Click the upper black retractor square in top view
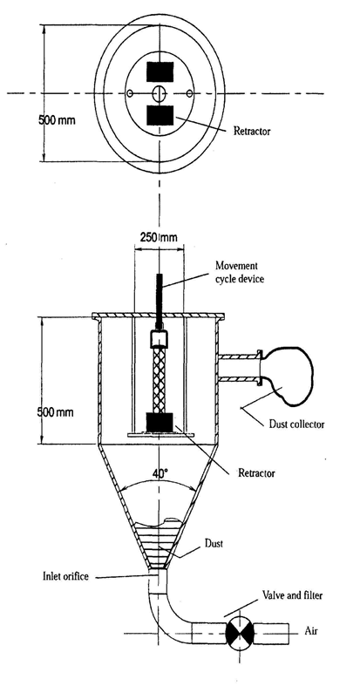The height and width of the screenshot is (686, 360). tap(160, 72)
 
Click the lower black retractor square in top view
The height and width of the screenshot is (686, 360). tap(160, 116)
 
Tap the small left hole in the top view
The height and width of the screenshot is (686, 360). tap(130, 93)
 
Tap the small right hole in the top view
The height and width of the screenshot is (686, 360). tap(189, 93)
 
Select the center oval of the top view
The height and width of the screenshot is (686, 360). tap(160, 93)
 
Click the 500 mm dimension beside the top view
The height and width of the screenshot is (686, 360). tap(57, 120)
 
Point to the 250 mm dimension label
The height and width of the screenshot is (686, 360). tap(159, 238)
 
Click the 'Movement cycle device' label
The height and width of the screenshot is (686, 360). tap(239, 272)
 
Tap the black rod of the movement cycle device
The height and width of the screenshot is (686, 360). tap(160, 301)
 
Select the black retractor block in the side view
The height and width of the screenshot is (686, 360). tap(160, 423)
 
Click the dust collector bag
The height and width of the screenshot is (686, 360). tap(286, 371)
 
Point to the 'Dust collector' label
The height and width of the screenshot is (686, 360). tap(295, 424)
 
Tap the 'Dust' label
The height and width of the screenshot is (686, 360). tap(214, 544)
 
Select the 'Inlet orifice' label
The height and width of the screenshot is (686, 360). tap(66, 576)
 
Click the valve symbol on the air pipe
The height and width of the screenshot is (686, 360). tap(239, 633)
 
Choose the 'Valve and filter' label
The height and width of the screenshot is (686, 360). tap(292, 595)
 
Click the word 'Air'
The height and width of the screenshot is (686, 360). tap(310, 631)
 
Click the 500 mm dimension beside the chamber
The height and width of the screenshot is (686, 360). tap(57, 412)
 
